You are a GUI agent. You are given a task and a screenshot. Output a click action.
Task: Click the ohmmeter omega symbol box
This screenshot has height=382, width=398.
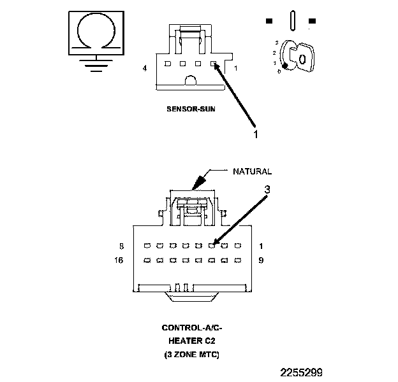(96, 32)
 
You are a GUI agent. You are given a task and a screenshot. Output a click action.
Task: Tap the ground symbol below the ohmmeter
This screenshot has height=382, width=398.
(96, 64)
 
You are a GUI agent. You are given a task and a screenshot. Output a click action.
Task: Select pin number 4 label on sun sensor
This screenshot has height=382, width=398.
(145, 68)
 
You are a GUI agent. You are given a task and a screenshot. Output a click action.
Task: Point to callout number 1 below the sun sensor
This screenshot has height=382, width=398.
(255, 135)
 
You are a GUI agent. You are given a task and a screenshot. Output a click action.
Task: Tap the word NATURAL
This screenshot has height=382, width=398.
(252, 171)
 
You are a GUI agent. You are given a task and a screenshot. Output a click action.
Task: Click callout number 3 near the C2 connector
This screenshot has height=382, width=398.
(268, 189)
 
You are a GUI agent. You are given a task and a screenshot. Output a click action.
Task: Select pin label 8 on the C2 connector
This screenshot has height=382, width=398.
(121, 246)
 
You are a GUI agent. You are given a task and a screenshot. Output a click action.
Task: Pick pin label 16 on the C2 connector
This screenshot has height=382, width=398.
(119, 260)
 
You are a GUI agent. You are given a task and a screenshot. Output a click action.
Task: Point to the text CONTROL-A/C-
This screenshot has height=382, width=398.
(192, 328)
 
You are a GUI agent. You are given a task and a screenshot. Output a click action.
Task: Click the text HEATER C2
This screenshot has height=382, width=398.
(192, 341)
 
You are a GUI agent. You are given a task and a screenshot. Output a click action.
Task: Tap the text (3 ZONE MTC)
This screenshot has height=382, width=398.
(192, 353)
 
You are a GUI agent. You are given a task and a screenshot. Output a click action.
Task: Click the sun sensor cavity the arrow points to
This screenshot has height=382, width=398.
(214, 64)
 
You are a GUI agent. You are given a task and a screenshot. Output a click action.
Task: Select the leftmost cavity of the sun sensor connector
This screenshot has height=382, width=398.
(167, 64)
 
